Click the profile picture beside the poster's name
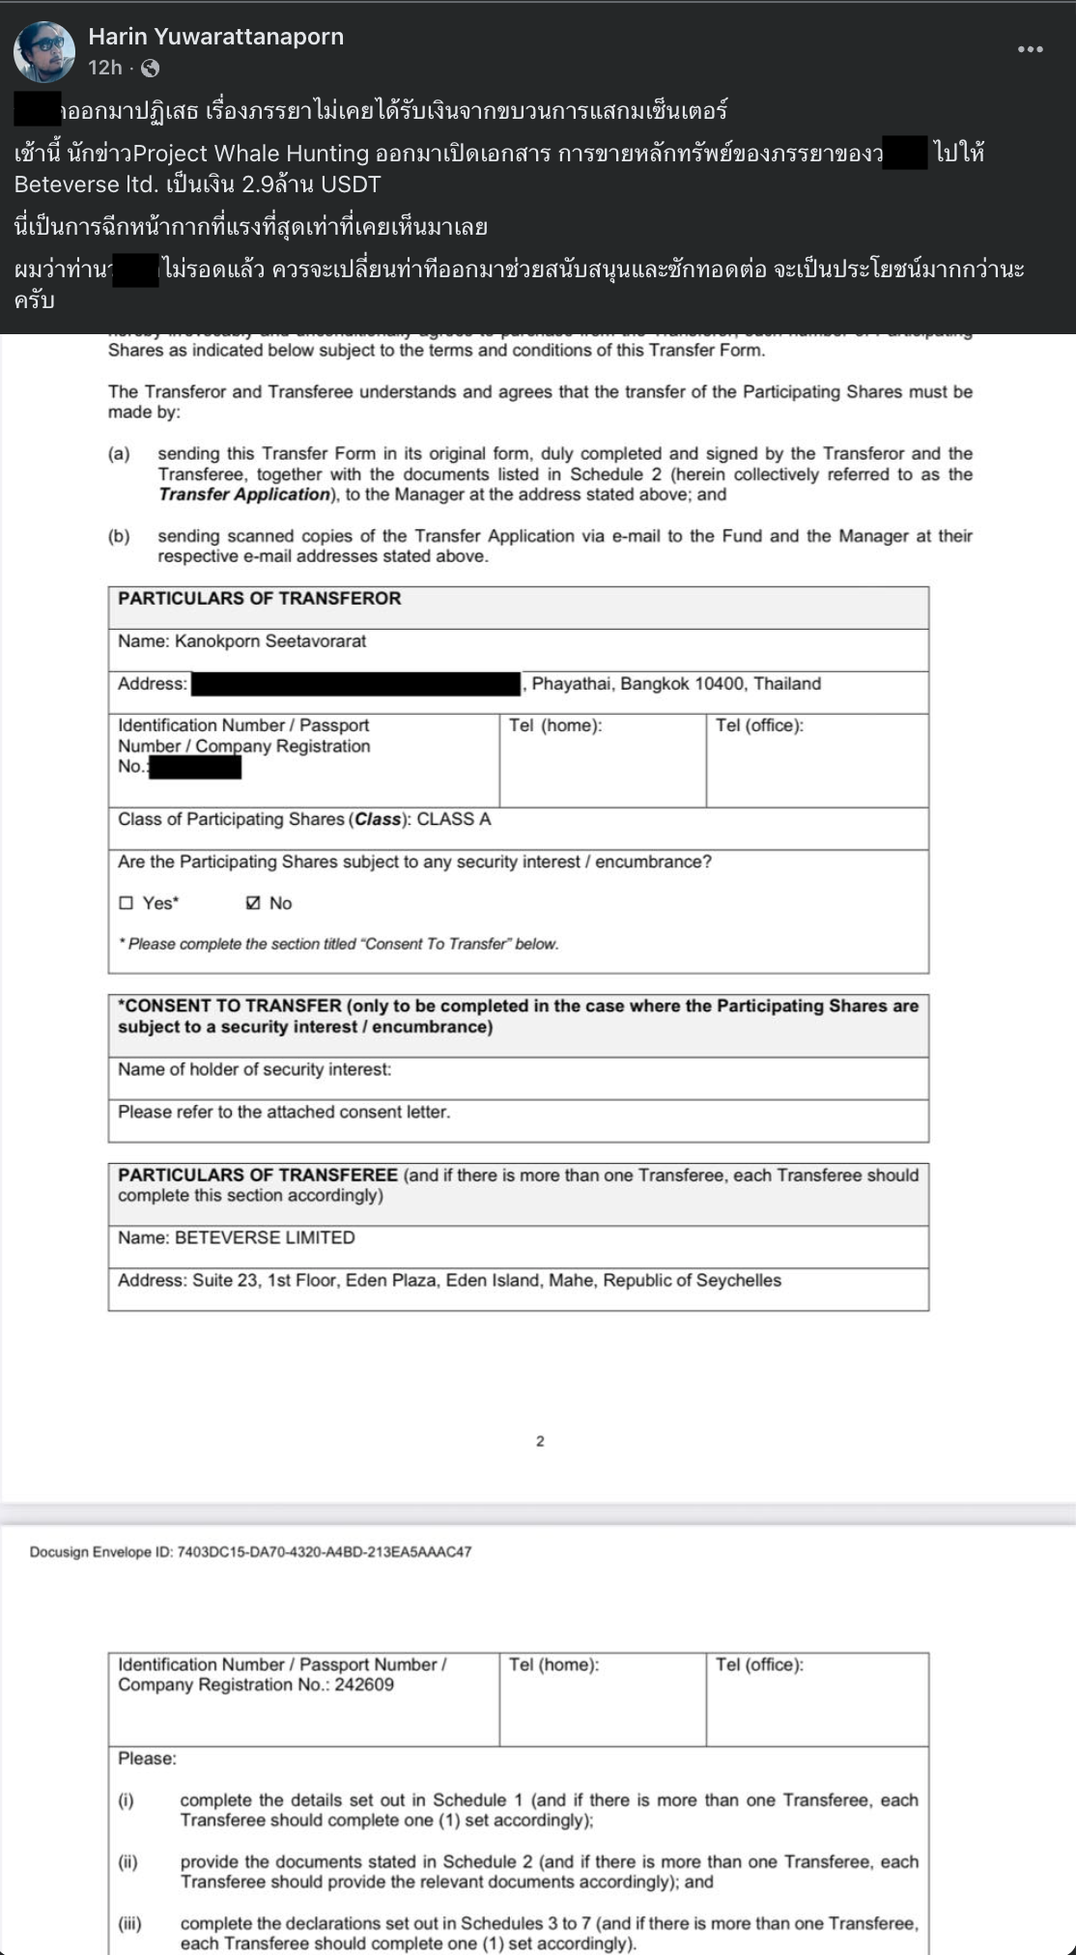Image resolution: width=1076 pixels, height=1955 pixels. (44, 51)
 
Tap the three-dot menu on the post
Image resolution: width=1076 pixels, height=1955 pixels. (1030, 49)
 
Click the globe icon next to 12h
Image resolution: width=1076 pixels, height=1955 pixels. (150, 68)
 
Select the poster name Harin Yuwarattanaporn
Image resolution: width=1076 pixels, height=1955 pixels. (215, 37)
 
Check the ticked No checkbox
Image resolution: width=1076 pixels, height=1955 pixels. (253, 903)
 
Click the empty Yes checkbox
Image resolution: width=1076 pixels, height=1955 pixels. (126, 903)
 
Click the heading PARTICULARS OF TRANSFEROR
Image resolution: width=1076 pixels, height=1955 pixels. (259, 599)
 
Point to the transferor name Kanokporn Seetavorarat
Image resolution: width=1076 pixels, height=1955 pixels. (269, 641)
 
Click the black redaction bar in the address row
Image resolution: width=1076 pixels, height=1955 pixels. (355, 684)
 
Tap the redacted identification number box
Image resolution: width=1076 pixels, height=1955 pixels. (195, 767)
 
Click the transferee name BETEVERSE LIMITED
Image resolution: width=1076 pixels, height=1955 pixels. (265, 1237)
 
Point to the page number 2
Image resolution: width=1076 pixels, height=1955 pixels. (540, 1441)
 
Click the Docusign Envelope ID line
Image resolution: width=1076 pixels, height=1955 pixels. (250, 1552)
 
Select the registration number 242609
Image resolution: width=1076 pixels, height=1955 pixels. (364, 1685)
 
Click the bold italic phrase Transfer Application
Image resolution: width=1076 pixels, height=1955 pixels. (244, 495)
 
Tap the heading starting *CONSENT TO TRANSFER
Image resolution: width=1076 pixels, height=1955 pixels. (518, 1016)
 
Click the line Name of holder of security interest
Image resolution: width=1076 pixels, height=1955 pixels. (254, 1069)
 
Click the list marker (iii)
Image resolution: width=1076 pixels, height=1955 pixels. (129, 1923)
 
